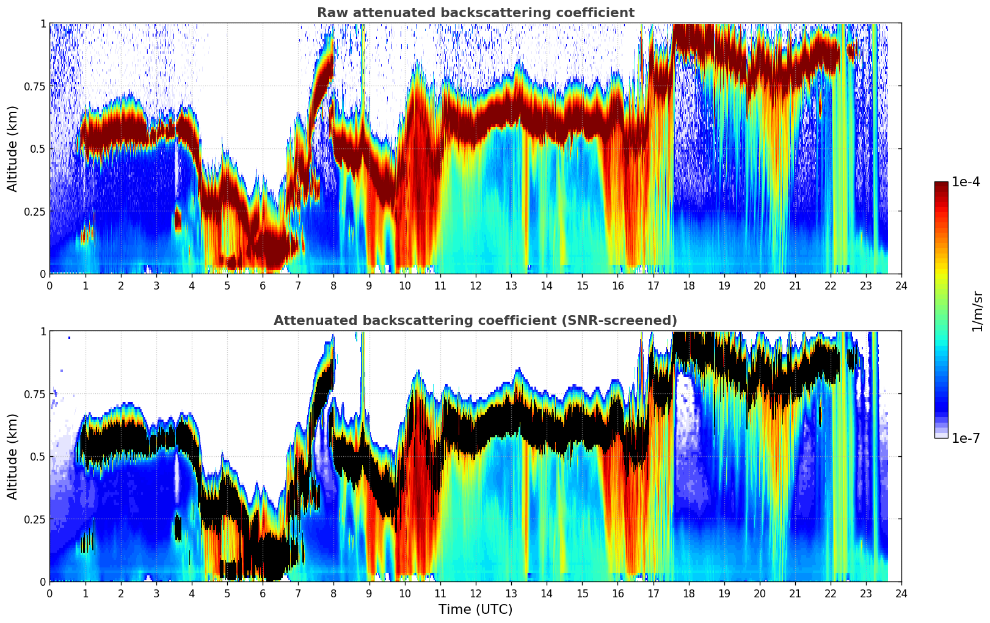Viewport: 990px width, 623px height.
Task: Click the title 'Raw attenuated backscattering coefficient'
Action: coord(475,13)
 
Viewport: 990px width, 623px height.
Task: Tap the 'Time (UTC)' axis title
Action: coord(475,610)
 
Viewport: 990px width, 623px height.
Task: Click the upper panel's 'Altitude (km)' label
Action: coord(13,148)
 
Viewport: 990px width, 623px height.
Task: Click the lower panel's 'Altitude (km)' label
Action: coord(13,456)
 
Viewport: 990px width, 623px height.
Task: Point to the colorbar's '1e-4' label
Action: coord(966,182)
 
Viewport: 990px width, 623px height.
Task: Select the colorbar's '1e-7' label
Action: coord(966,438)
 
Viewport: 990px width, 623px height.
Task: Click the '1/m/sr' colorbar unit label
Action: coord(977,311)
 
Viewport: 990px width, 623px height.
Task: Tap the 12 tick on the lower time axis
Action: coord(476,593)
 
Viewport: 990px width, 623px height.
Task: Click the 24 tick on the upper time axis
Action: coord(901,285)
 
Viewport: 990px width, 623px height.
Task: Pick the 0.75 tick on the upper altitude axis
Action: coord(35,86)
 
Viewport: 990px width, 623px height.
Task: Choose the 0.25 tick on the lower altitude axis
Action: coord(35,519)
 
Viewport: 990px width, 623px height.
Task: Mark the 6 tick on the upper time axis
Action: coord(263,285)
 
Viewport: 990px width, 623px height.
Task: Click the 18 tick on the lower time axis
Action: coord(688,593)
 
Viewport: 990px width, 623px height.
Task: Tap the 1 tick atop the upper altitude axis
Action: coord(43,23)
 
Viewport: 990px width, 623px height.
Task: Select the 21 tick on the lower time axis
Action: coord(795,593)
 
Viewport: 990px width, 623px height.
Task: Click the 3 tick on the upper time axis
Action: coord(156,285)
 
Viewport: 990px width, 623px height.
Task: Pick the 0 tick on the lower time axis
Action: coord(49,593)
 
